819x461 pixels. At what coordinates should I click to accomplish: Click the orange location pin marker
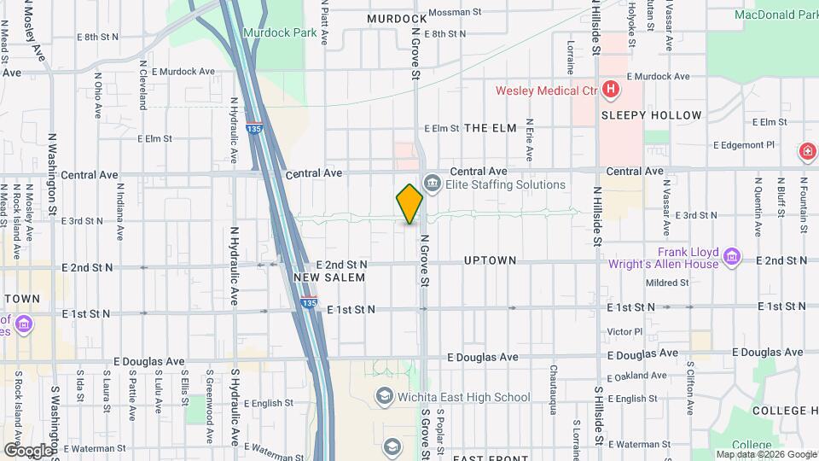[x=409, y=203]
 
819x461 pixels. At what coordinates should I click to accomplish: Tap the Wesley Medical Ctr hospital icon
[x=610, y=90]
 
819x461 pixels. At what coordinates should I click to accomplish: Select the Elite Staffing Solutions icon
[x=432, y=184]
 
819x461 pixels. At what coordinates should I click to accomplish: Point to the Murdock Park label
[x=272, y=32]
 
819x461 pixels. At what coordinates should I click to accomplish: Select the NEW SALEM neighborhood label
[x=329, y=277]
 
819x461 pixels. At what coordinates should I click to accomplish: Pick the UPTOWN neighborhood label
[x=490, y=260]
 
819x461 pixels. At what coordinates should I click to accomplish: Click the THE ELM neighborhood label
[x=491, y=128]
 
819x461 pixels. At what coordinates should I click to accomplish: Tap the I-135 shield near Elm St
[x=253, y=129]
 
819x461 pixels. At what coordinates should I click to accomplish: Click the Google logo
[x=27, y=450]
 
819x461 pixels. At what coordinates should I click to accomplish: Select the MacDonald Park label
[x=775, y=15]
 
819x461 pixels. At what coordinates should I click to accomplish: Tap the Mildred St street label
[x=666, y=283]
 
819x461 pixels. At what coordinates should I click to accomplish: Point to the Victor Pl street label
[x=624, y=330]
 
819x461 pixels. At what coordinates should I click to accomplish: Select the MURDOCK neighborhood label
[x=397, y=18]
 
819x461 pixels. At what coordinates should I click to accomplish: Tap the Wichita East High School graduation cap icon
[x=385, y=397]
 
